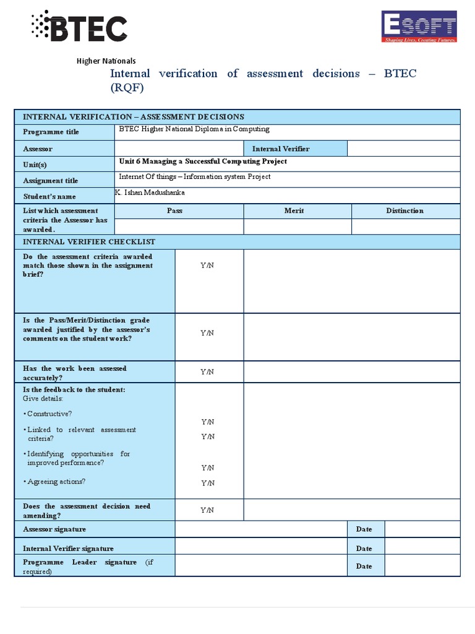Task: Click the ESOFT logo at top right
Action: point(419,27)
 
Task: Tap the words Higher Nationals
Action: point(106,61)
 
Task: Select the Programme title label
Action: point(51,132)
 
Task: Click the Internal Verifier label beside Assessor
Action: point(281,149)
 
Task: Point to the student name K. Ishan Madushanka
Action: point(150,193)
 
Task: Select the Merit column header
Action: point(294,211)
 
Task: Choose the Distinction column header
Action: point(404,211)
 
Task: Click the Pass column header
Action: point(174,211)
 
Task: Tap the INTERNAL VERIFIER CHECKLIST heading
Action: point(89,241)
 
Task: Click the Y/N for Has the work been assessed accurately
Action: point(207,372)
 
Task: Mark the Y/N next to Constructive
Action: point(207,422)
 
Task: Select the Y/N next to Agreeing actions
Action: point(207,483)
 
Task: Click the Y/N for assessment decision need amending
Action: point(207,510)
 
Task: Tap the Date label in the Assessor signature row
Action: point(364,529)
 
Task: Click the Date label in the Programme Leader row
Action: point(364,566)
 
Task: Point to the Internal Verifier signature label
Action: point(68,548)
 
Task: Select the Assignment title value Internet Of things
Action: point(194,177)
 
